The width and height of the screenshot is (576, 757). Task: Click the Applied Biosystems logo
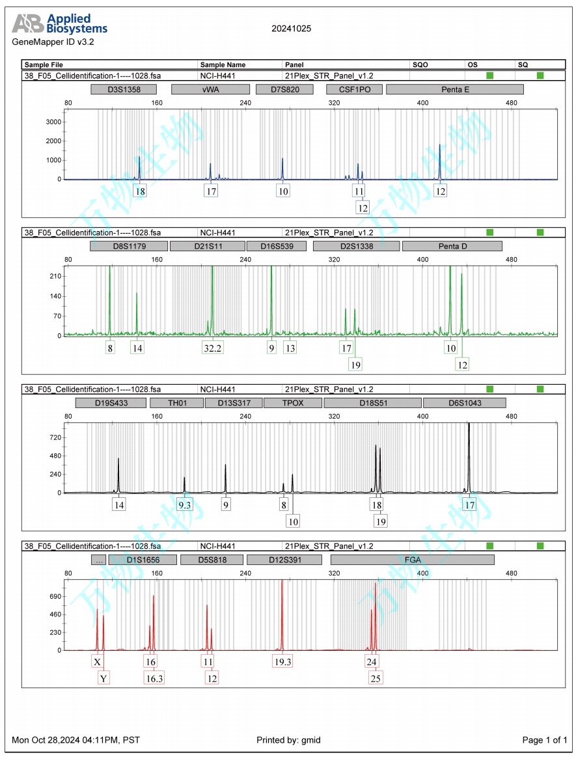coord(60,24)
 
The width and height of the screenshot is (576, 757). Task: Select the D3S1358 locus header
coord(124,89)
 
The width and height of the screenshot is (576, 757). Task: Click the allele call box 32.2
coord(212,348)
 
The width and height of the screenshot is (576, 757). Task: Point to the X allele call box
coord(97,662)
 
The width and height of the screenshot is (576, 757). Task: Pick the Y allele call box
coord(103,678)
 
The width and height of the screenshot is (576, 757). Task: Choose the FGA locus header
coord(412,560)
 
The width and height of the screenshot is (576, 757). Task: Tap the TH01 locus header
coord(177,403)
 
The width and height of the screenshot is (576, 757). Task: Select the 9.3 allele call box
coord(185,505)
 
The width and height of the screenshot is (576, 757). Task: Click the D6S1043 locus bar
coord(464,403)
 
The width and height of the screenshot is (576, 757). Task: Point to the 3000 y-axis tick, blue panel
coord(53,122)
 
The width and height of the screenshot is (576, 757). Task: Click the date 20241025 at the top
coord(291,29)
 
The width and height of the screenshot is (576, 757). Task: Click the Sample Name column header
coord(223,65)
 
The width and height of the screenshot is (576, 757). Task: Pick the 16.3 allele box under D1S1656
coord(154,678)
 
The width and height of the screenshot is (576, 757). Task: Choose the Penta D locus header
coord(452,246)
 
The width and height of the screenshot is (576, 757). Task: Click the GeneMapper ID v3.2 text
coord(53,42)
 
